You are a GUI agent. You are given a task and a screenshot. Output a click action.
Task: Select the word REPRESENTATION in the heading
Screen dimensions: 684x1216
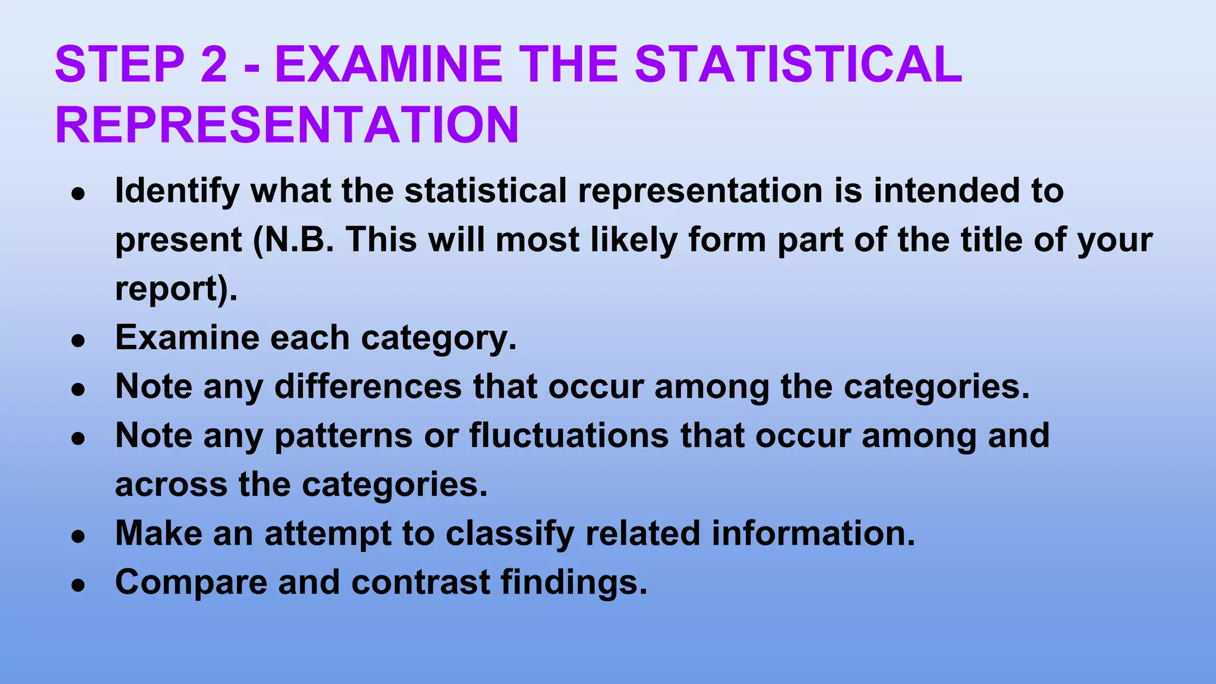coord(287,125)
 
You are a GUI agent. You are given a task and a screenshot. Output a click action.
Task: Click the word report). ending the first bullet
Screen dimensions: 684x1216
coord(176,289)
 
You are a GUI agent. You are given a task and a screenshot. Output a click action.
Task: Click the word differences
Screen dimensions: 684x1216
coord(368,387)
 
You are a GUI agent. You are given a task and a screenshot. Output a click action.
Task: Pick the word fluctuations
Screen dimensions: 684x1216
coord(569,435)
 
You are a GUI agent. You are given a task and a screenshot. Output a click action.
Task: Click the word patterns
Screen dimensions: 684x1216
coord(343,436)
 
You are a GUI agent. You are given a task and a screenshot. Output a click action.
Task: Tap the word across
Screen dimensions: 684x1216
coord(171,484)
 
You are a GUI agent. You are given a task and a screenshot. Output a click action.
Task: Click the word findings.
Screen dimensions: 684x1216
coord(574,582)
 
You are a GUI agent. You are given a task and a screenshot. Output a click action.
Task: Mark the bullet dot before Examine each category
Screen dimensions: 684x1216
coord(78,341)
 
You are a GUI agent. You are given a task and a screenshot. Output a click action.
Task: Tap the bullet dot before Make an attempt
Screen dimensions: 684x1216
coord(78,536)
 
